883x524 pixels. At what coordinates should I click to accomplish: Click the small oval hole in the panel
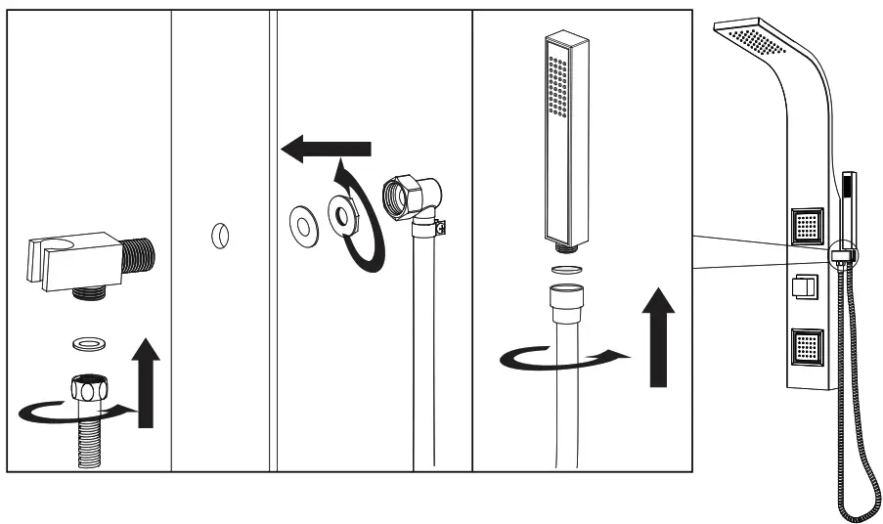(x=220, y=236)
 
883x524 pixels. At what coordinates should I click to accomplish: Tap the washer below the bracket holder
(x=90, y=343)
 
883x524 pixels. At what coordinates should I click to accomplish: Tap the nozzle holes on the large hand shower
(x=558, y=88)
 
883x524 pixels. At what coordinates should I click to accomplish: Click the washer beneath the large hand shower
(x=564, y=269)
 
